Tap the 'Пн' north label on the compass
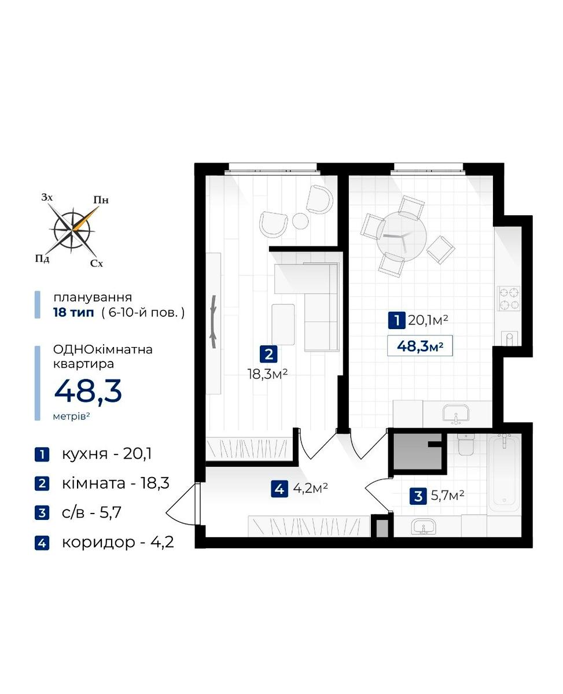(x=101, y=200)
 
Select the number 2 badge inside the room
(x=268, y=354)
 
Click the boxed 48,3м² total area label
(x=420, y=346)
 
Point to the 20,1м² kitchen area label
(x=428, y=320)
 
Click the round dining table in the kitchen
(x=402, y=236)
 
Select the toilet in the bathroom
(x=467, y=444)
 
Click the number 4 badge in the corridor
(x=279, y=489)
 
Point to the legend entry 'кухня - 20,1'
(x=106, y=454)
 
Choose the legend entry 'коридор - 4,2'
(x=117, y=542)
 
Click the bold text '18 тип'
(x=73, y=312)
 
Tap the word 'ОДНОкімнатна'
(x=103, y=350)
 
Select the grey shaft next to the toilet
(x=418, y=452)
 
